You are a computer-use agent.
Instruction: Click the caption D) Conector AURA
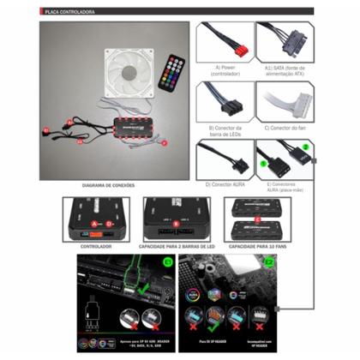pos(225,185)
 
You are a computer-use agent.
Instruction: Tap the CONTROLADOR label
pos(95,246)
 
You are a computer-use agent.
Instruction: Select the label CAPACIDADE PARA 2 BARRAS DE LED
pos(177,246)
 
